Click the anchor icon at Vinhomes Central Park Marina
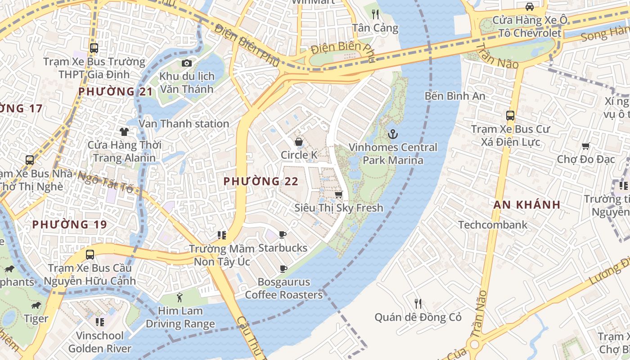pyautogui.click(x=393, y=134)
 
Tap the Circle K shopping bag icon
pyautogui.click(x=298, y=142)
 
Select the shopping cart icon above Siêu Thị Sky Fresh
pyautogui.click(x=338, y=194)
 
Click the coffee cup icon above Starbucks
pyautogui.click(x=282, y=234)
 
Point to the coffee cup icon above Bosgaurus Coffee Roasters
pyautogui.click(x=283, y=269)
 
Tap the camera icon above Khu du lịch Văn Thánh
pyautogui.click(x=186, y=63)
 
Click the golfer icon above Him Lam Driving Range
pyautogui.click(x=180, y=297)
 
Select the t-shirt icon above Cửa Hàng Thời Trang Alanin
pyautogui.click(x=124, y=132)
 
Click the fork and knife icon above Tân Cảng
pyautogui.click(x=375, y=14)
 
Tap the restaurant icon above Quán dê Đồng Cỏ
pyautogui.click(x=418, y=304)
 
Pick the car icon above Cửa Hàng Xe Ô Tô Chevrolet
pyautogui.click(x=530, y=7)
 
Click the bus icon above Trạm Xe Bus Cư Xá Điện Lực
pyautogui.click(x=510, y=116)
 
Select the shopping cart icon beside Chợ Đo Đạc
pyautogui.click(x=585, y=146)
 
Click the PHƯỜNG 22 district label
pyautogui.click(x=261, y=181)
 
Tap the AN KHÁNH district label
pyautogui.click(x=527, y=205)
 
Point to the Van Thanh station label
pyautogui.click(x=184, y=123)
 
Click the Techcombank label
pyautogui.click(x=493, y=225)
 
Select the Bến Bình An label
pyautogui.click(x=455, y=96)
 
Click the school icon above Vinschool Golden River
pyautogui.click(x=99, y=322)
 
